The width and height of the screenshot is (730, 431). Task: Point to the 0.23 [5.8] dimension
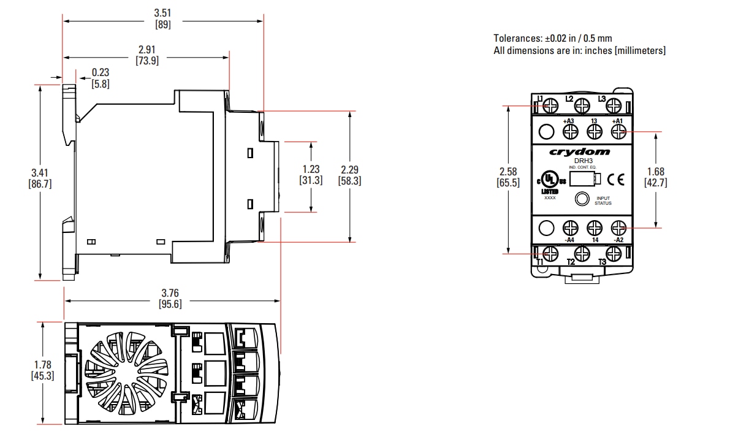(101, 78)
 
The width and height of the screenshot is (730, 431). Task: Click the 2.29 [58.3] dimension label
(349, 175)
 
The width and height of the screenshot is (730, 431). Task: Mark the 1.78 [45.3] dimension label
(42, 371)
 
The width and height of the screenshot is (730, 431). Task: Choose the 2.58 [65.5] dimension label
(509, 177)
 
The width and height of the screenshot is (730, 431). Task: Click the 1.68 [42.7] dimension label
(655, 177)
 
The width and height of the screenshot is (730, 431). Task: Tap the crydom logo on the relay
(579, 151)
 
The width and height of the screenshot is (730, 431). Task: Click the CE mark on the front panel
(616, 180)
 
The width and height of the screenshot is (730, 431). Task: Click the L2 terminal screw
(580, 106)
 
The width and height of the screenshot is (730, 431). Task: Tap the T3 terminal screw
(613, 253)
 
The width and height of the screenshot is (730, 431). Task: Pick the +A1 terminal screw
(618, 131)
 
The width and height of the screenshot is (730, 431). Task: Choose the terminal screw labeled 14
(594, 228)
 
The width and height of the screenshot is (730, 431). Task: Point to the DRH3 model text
(579, 161)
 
